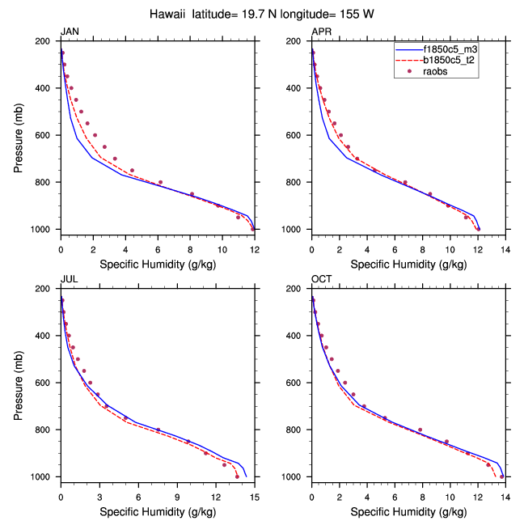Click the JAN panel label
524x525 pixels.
pos(70,32)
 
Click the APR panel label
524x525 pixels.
pos(321,32)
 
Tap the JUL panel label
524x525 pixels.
pos(69,279)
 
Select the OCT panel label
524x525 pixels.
pos(321,279)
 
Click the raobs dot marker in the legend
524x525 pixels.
pos(409,72)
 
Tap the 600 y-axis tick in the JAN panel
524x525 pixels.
pos(45,135)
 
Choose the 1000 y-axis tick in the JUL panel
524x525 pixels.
pos(43,477)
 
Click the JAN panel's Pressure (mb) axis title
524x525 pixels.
pos(19,135)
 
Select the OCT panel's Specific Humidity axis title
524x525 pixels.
pos(408,511)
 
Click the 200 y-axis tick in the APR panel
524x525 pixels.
pos(296,40)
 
